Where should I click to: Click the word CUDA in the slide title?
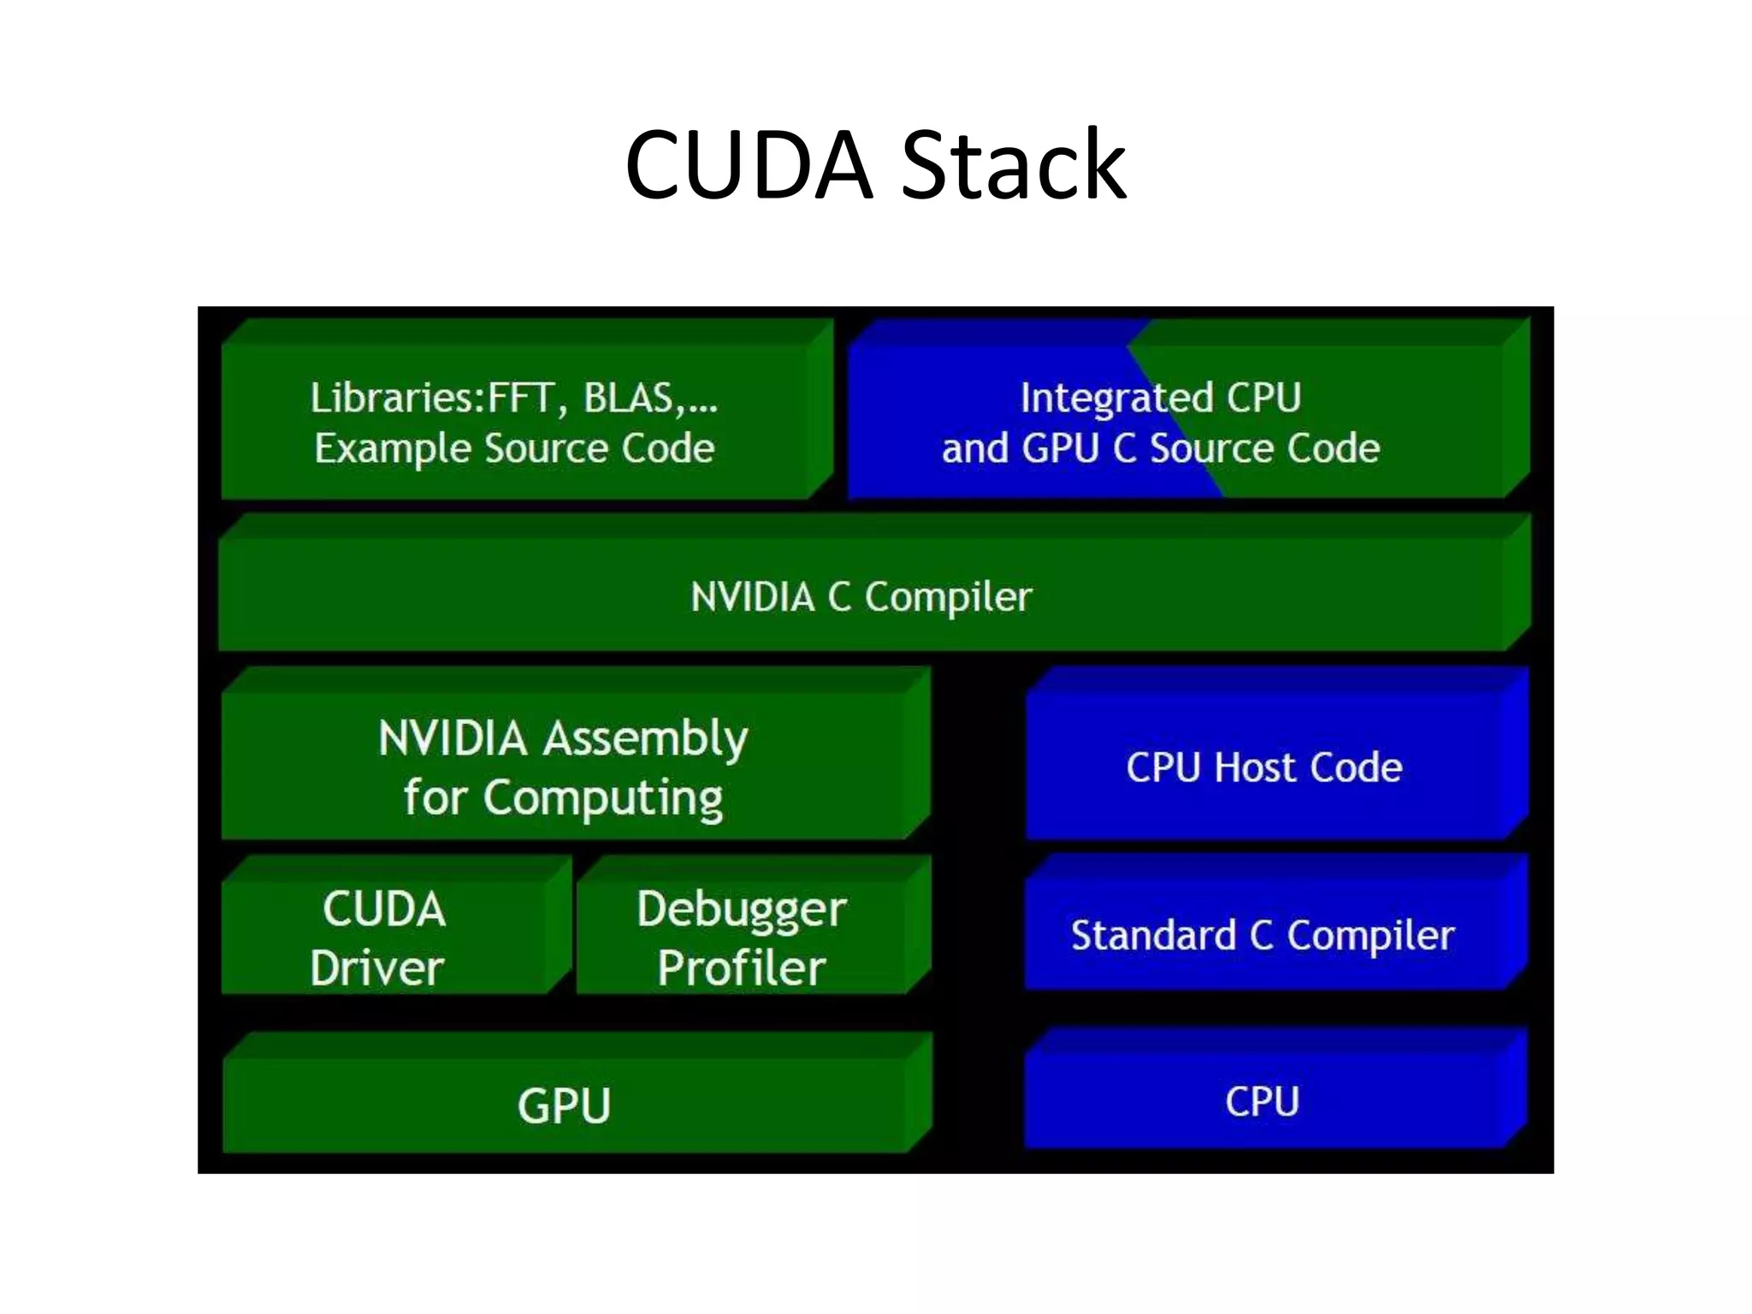[x=749, y=164]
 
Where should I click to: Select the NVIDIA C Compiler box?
[x=861, y=596]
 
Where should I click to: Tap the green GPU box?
[x=564, y=1104]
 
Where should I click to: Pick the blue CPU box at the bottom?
[x=1263, y=1101]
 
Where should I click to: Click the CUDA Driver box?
[x=382, y=938]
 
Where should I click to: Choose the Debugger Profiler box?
[x=742, y=938]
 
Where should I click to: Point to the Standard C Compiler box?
[x=1263, y=935]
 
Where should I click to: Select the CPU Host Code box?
[x=1264, y=767]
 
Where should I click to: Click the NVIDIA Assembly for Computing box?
[x=564, y=767]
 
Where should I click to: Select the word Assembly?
[x=646, y=739]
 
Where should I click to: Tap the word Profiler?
[x=742, y=968]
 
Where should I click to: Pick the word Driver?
[x=377, y=968]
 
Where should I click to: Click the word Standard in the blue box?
[x=1153, y=935]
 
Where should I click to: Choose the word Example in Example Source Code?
[x=393, y=448]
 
